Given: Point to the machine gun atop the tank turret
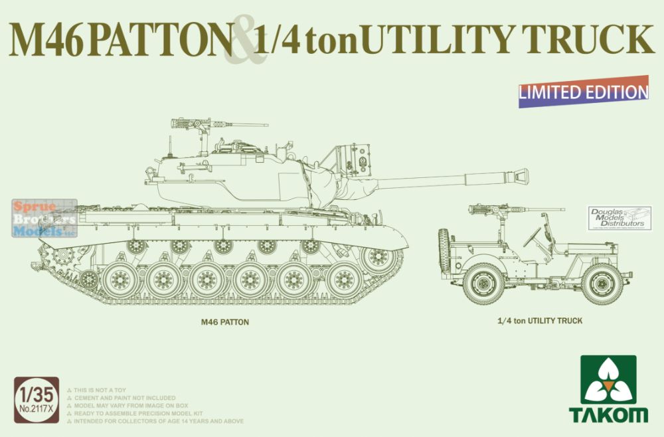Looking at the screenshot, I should (x=193, y=124).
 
